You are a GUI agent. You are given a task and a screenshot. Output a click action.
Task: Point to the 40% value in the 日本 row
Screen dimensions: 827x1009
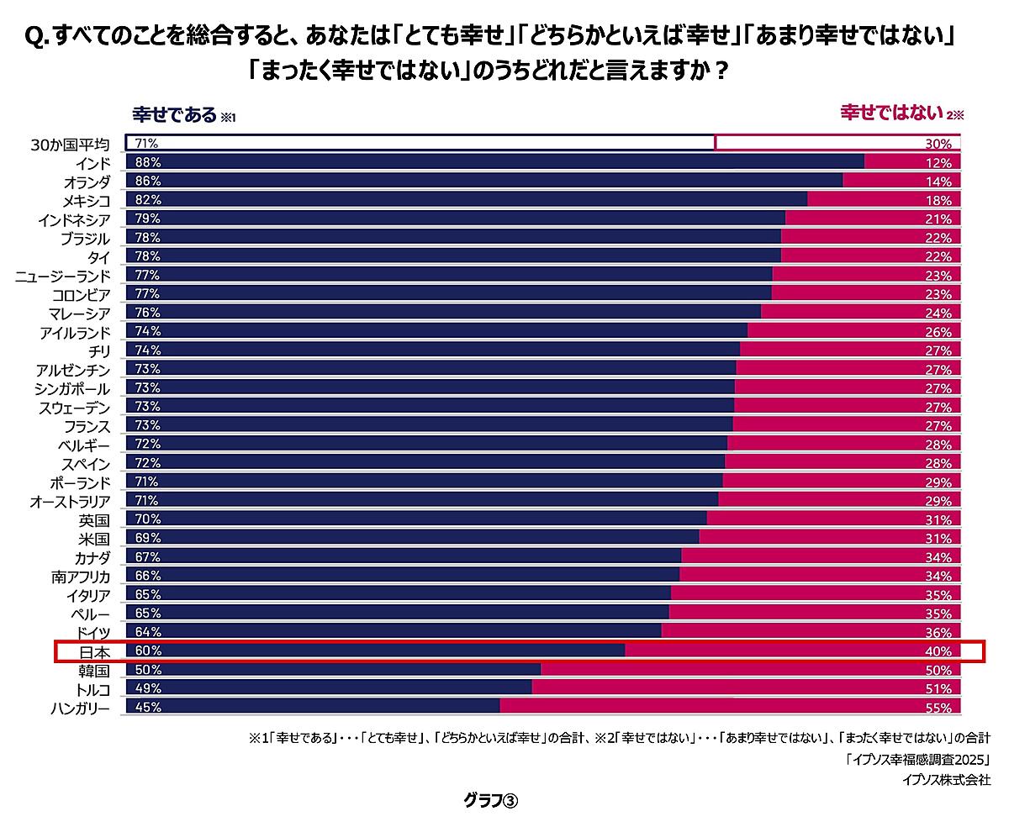940,651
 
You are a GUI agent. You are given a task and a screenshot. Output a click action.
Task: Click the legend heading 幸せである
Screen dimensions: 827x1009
174,114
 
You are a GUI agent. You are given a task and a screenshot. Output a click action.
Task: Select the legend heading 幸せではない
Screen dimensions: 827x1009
890,113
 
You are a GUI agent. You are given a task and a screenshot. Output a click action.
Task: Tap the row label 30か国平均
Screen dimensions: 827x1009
70,144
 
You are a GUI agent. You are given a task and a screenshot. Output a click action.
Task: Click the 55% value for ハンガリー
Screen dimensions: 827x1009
940,708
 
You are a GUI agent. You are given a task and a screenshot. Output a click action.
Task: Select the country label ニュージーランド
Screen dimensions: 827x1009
62,276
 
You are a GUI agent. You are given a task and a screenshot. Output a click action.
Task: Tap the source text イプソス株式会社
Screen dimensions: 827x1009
945,780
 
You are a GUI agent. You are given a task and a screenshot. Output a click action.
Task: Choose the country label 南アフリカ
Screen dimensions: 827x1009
80,577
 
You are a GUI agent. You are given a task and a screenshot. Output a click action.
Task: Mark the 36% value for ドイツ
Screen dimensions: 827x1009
940,633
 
